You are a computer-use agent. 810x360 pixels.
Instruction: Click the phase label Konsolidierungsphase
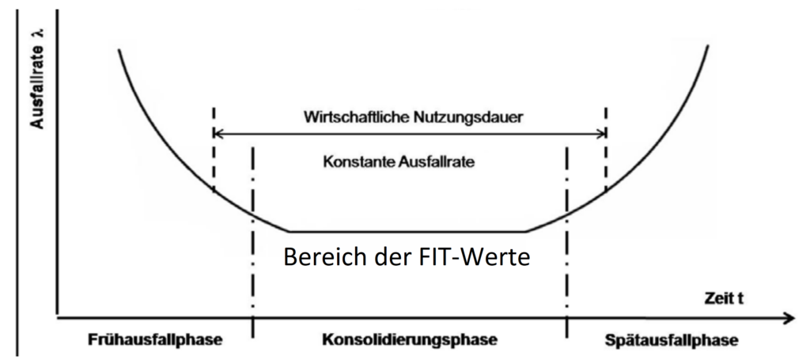point(410,340)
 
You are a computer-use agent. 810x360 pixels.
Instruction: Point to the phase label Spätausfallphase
point(670,341)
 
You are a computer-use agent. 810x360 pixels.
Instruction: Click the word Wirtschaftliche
point(357,117)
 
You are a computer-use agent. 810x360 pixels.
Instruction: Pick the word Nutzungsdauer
point(468,118)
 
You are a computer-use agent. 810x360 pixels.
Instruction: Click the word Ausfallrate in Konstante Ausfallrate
point(437,161)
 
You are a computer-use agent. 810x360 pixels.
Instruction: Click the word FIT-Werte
point(470,256)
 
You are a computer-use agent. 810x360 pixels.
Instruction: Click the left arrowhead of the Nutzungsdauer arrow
point(218,135)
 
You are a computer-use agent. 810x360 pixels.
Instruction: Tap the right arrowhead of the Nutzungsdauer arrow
point(600,135)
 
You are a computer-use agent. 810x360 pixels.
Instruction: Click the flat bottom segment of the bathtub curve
point(407,231)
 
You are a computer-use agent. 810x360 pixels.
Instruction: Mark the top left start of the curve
point(119,50)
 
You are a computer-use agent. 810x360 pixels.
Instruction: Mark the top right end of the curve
point(708,45)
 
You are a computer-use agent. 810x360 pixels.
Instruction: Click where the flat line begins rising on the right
point(525,231)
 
